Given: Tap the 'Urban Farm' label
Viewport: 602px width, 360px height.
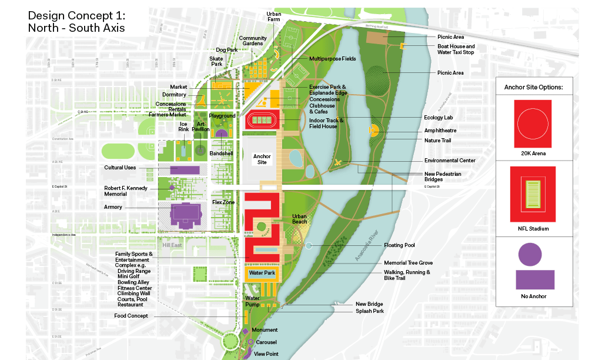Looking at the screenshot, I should (x=273, y=16).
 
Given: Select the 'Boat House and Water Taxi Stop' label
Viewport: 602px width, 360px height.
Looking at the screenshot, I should (x=456, y=49).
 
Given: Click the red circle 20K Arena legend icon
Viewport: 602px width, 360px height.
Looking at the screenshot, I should (x=533, y=124).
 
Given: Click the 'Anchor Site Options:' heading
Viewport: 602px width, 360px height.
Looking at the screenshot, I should (x=533, y=87).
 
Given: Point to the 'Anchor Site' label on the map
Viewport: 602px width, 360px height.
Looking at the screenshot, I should (x=262, y=159).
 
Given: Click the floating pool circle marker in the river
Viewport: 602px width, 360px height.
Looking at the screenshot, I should (x=309, y=245).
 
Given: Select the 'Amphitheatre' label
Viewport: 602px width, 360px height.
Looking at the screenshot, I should (x=440, y=131).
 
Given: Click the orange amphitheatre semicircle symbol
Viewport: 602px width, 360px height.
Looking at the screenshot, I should (x=373, y=131).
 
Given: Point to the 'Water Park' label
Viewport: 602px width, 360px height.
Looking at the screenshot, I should (x=262, y=274).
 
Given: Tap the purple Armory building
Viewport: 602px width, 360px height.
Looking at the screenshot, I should (x=184, y=216).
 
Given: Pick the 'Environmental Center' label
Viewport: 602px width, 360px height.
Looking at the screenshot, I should (x=450, y=160).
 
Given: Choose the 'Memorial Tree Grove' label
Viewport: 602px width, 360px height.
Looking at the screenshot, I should (x=408, y=262).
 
